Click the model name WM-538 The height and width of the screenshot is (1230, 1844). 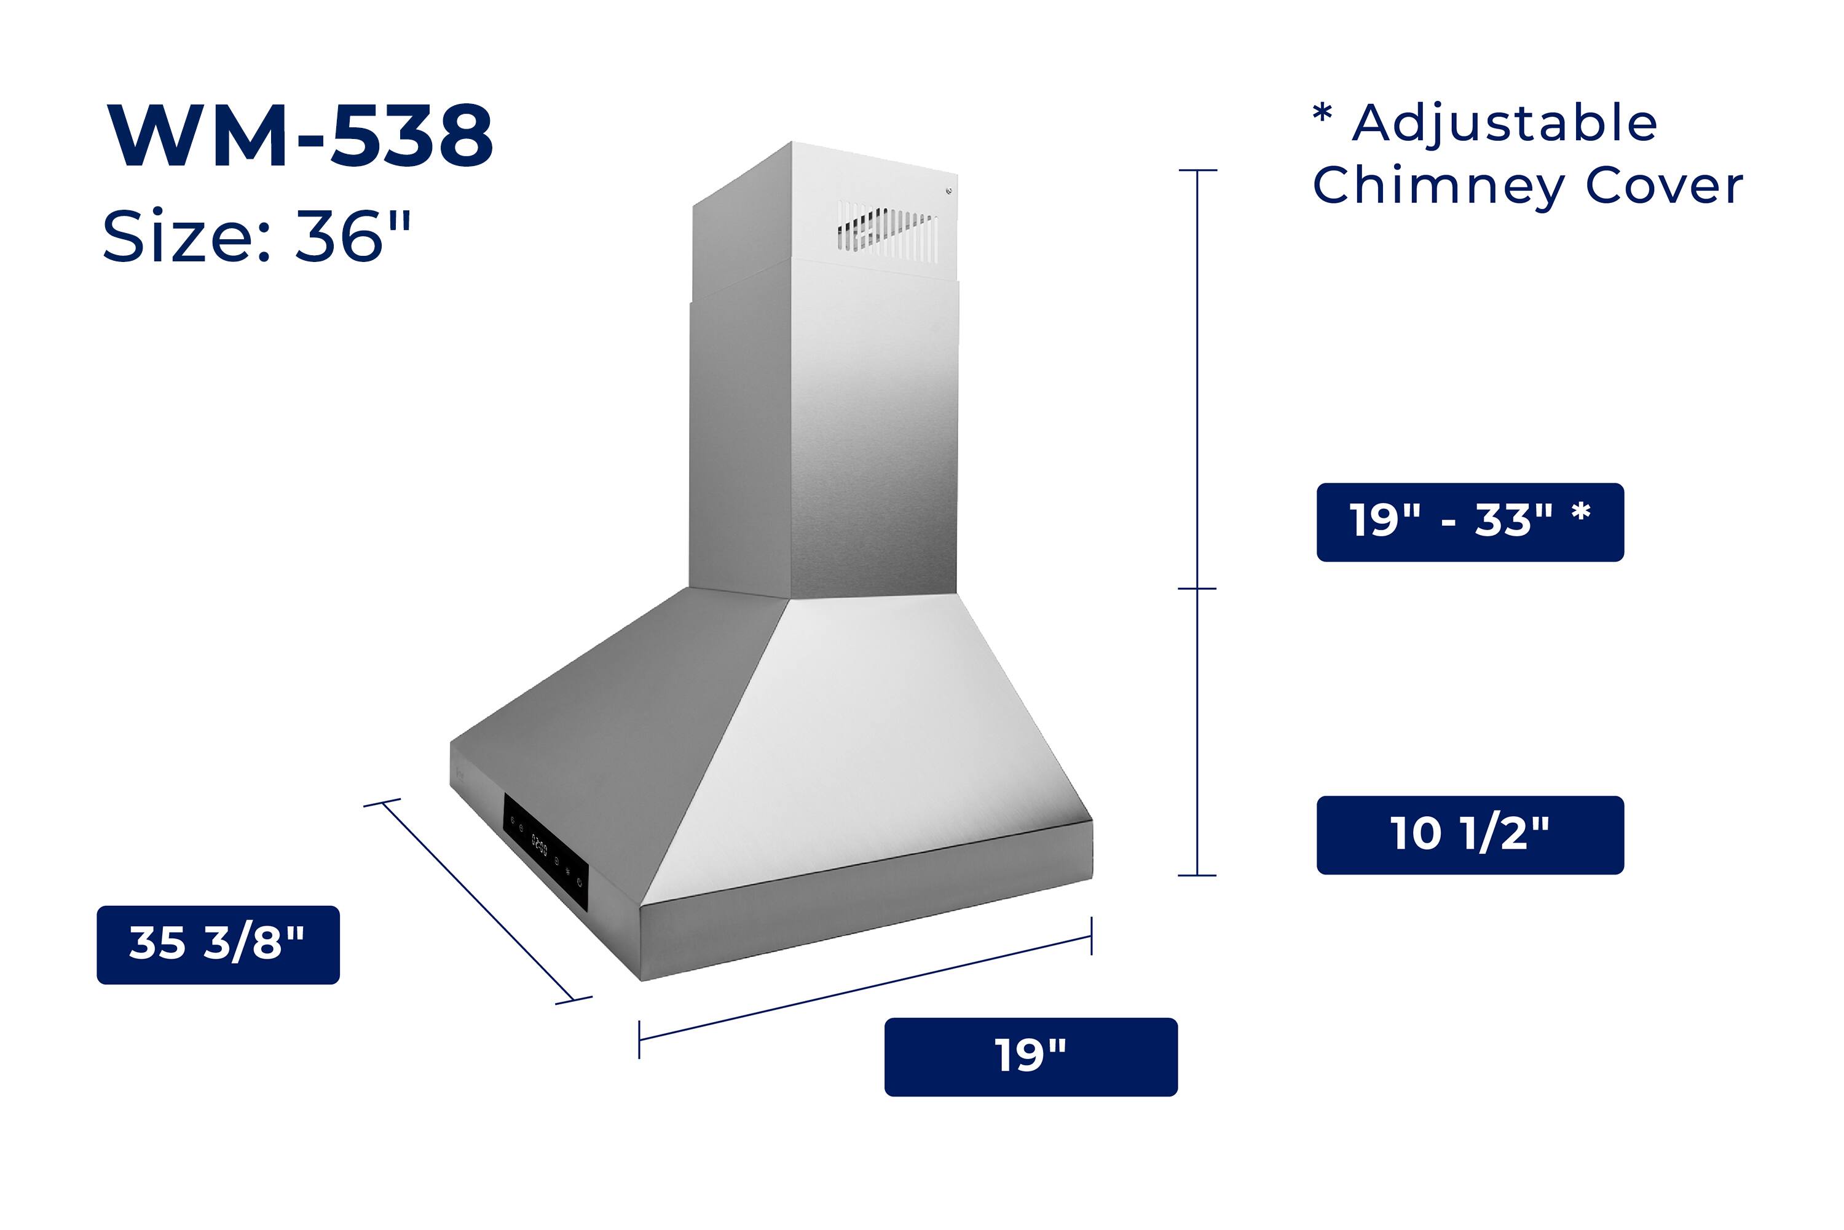point(301,136)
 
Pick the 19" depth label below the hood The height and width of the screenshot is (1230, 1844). point(1030,1057)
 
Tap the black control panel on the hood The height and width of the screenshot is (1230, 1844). point(546,852)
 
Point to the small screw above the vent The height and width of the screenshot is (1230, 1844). point(948,191)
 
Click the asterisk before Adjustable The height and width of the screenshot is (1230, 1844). point(1322,114)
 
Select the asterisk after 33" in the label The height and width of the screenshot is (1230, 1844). point(1580,512)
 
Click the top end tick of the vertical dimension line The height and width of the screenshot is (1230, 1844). point(1197,170)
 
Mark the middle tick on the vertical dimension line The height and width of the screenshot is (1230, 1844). point(1197,589)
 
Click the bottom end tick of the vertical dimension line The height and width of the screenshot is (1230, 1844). point(1197,875)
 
